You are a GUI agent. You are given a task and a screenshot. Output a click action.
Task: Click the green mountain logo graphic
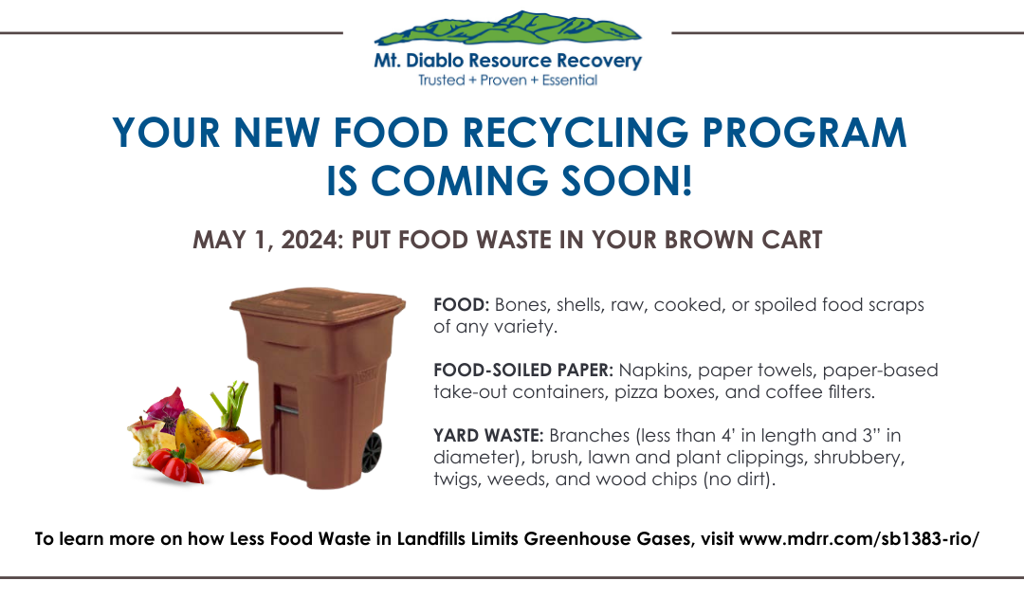(507, 28)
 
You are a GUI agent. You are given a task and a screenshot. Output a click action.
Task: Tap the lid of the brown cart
(303, 304)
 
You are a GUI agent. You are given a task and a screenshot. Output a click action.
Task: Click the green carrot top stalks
(234, 403)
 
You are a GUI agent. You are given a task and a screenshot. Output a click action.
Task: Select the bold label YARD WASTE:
(487, 435)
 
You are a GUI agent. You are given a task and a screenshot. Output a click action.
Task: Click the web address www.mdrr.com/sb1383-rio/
(859, 538)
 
